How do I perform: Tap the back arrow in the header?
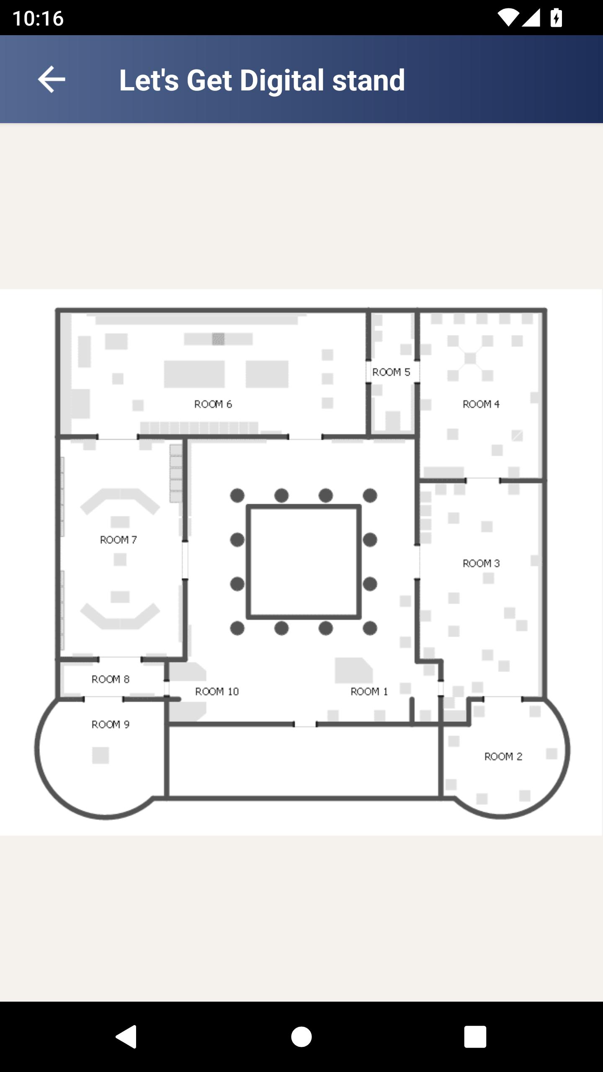(52, 79)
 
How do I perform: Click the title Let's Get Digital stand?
(262, 80)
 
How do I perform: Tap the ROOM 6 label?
(213, 404)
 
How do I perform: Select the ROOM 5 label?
(391, 372)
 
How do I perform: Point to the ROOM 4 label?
(481, 404)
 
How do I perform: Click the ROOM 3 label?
(481, 563)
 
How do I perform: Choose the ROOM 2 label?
(503, 756)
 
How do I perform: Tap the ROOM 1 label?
(369, 691)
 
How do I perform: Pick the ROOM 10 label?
(217, 691)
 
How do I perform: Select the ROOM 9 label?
(111, 724)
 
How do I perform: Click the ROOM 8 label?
(111, 679)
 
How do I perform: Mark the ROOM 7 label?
(119, 540)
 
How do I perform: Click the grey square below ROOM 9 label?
(100, 755)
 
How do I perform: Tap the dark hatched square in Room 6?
(218, 339)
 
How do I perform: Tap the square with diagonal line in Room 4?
(517, 435)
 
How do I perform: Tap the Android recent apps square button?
(475, 1037)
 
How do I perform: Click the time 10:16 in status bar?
(38, 18)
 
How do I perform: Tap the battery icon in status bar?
(556, 18)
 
